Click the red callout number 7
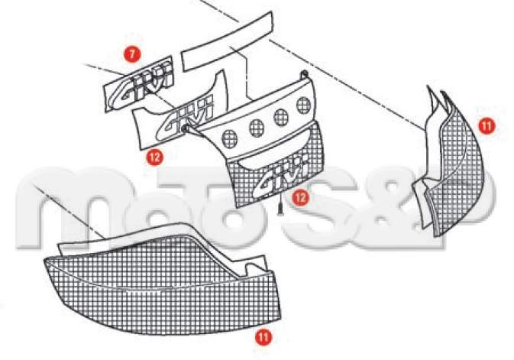(132, 54)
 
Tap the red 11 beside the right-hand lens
(487, 126)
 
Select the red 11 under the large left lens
(264, 337)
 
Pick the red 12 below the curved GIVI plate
(155, 157)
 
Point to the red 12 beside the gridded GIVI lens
(301, 197)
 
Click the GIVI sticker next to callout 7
(138, 85)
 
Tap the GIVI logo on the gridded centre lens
(281, 176)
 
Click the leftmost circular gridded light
(229, 138)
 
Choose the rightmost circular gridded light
(303, 105)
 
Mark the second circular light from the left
(257, 128)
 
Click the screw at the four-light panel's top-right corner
(304, 74)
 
